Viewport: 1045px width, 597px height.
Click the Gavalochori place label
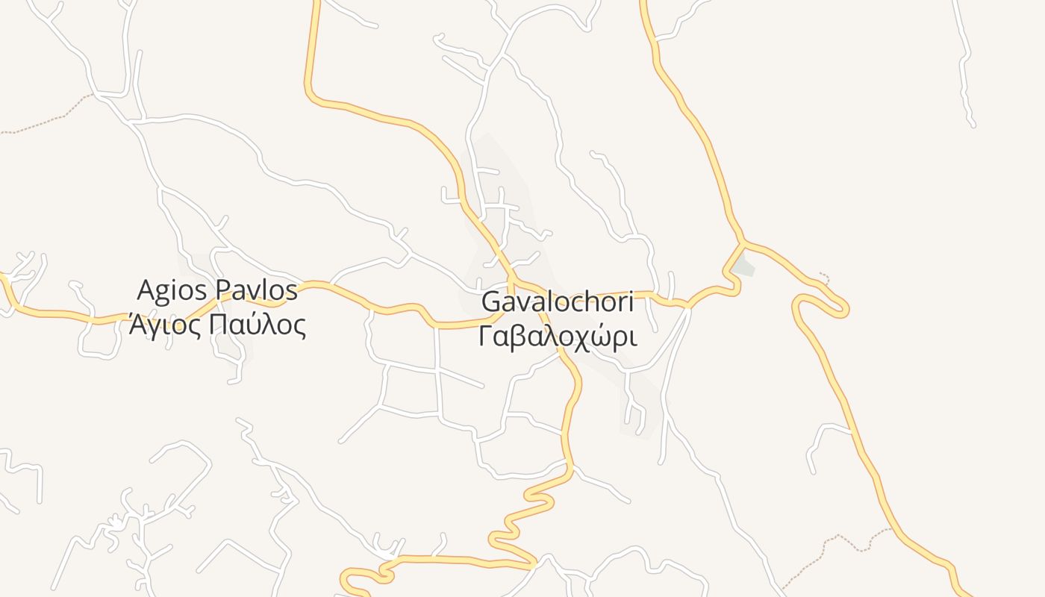(558, 302)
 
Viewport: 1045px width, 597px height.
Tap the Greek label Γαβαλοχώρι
(558, 337)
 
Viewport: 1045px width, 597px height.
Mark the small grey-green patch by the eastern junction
(743, 266)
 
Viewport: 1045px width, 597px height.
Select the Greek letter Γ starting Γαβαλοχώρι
(485, 337)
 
